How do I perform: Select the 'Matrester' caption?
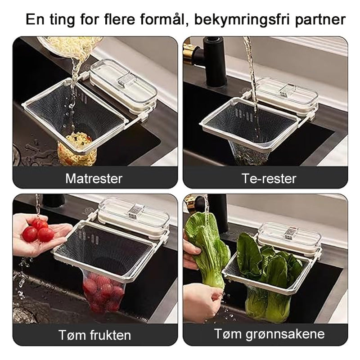(x=94, y=179)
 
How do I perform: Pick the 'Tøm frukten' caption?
(x=94, y=335)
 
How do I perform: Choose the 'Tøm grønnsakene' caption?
(x=269, y=334)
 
